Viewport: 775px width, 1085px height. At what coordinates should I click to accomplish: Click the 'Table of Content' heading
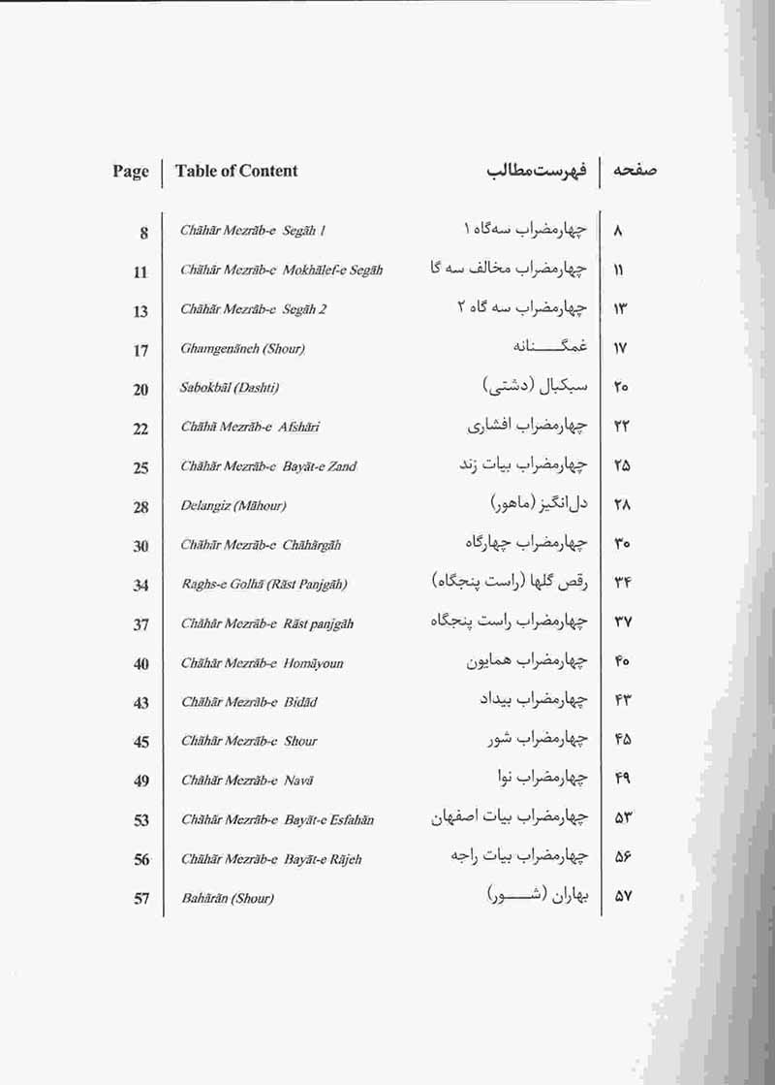coord(236,172)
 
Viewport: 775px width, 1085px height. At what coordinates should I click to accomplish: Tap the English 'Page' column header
coord(131,172)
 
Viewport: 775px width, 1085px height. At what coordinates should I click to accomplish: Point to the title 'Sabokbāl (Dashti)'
coord(230,388)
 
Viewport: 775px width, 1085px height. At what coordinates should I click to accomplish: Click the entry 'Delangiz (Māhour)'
coord(233,506)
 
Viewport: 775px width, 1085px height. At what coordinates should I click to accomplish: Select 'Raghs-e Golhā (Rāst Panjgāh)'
coord(264,585)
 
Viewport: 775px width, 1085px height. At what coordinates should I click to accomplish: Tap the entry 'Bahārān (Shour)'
coord(228,898)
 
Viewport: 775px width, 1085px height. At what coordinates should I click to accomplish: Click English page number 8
coord(143,233)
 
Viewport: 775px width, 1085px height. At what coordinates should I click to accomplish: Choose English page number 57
coord(141,898)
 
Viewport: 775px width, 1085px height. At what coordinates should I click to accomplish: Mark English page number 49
coord(141,781)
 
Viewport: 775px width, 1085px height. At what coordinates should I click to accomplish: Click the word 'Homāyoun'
coord(314,663)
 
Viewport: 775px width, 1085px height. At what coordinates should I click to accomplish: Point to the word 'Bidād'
coord(300,702)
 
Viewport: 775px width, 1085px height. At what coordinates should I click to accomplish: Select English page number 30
coord(141,546)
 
